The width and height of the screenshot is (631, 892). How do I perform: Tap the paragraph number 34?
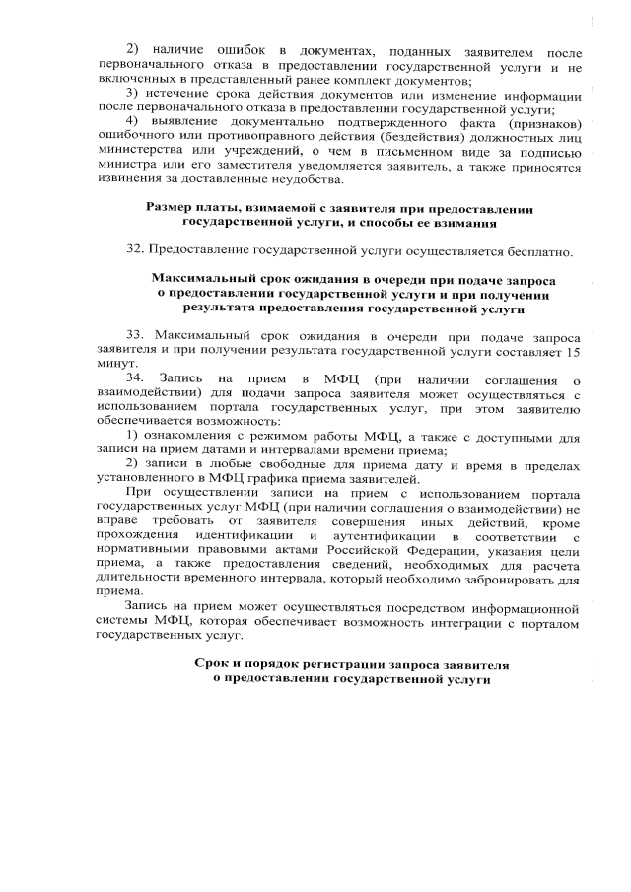pyautogui.click(x=136, y=378)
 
